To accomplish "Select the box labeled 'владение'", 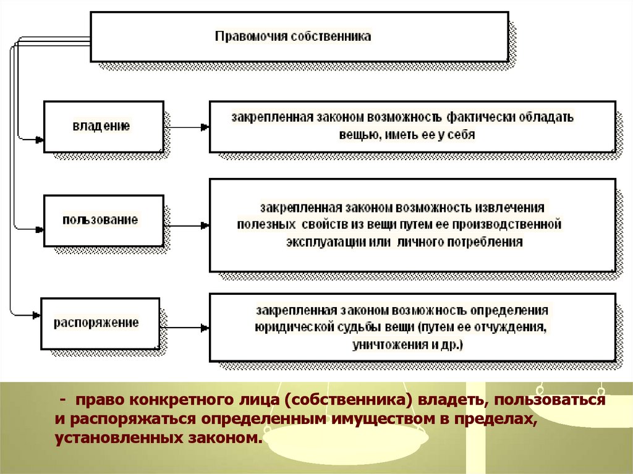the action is (103, 126).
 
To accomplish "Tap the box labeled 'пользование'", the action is (103, 221).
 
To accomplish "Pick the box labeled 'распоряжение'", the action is (100, 323).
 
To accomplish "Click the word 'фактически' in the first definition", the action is (483, 117).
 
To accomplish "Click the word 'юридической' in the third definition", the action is (290, 327).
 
